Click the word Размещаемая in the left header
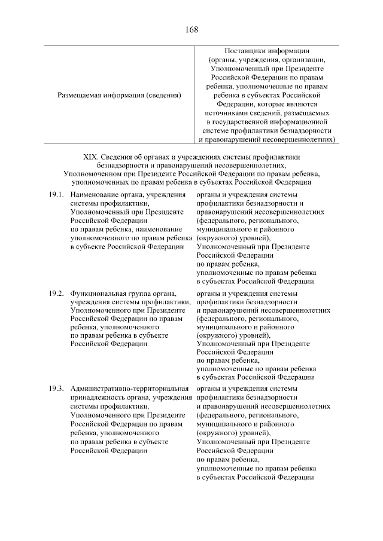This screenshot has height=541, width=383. coord(81,94)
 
